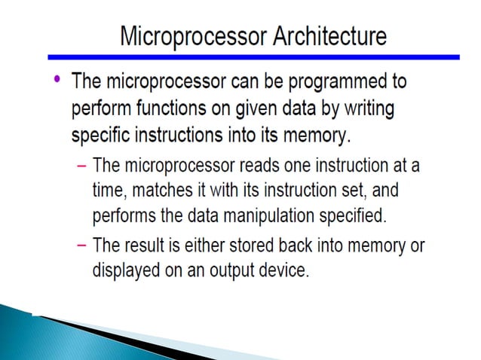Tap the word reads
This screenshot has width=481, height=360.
[244, 165]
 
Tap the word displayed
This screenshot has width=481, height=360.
[124, 270]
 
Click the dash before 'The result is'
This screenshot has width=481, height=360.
[81, 246]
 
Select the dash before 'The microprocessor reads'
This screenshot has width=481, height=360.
[81, 165]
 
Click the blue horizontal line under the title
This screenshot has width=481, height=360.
[253, 56]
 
